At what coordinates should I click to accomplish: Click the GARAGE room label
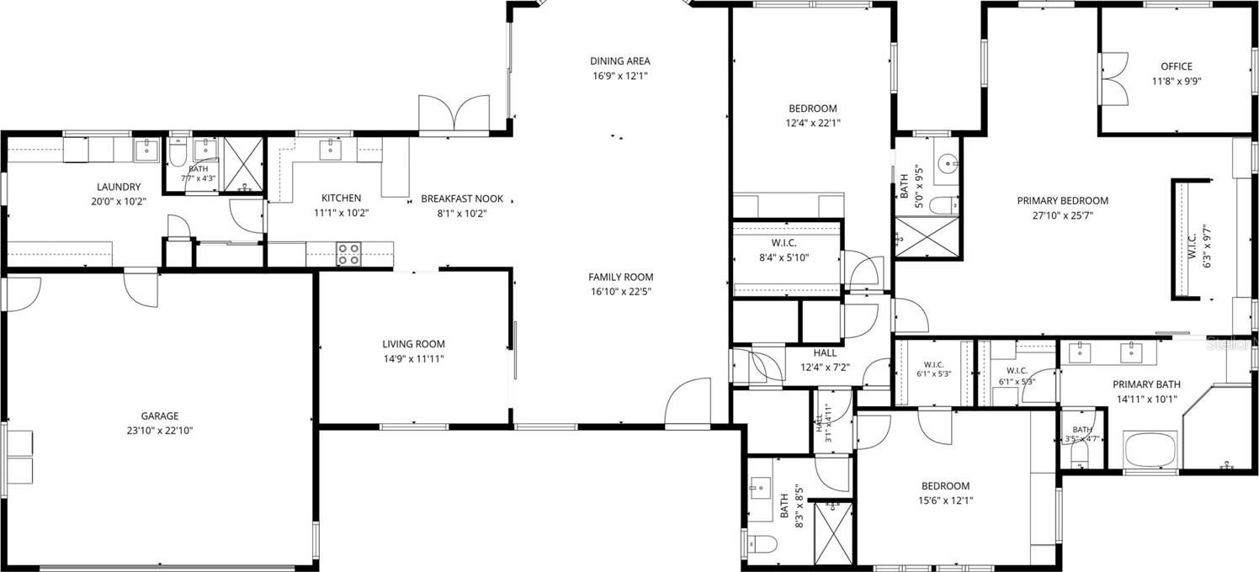point(160,416)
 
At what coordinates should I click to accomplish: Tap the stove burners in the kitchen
point(348,254)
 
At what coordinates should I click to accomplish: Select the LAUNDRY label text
point(119,187)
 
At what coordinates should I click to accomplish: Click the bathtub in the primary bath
point(1150,449)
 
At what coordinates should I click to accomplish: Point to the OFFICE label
point(1177,66)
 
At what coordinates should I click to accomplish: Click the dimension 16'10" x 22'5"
point(620,292)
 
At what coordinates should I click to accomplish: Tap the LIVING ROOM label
point(414,344)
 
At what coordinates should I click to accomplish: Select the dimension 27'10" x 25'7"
point(1062,215)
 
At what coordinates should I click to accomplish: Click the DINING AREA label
point(620,61)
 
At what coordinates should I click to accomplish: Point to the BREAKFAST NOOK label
point(462,199)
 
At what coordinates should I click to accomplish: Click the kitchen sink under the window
point(328,150)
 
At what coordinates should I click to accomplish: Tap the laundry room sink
point(146,150)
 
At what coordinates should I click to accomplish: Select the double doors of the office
point(1113,79)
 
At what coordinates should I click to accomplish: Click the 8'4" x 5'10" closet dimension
point(784,258)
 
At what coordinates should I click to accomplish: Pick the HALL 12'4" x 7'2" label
point(825,360)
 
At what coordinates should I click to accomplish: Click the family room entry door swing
point(688,400)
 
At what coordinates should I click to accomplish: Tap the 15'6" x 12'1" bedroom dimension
point(945,500)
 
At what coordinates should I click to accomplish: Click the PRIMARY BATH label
point(1146,384)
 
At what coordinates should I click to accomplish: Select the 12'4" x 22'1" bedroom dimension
point(813,123)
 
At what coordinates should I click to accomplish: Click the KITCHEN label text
point(341,198)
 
